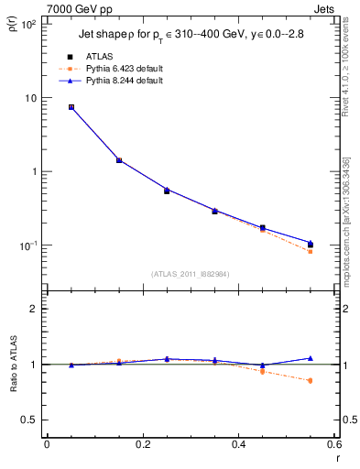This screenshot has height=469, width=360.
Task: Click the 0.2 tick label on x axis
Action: tap(142, 444)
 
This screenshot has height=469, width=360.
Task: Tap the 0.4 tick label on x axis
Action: tap(238, 444)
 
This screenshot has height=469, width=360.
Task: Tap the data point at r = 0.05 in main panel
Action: tap(71, 107)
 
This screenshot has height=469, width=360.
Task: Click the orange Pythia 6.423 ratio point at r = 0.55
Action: tap(311, 380)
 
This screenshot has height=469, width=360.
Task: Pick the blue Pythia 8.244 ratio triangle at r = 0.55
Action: tap(311, 358)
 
